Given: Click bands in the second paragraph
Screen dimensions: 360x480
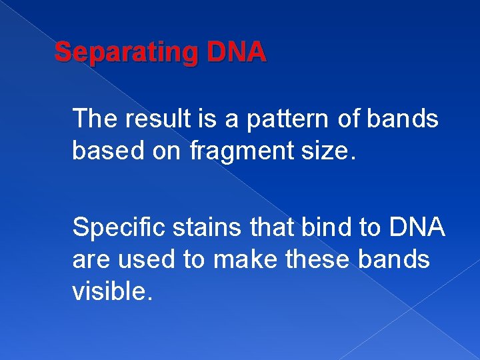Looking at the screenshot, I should click(x=397, y=260).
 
